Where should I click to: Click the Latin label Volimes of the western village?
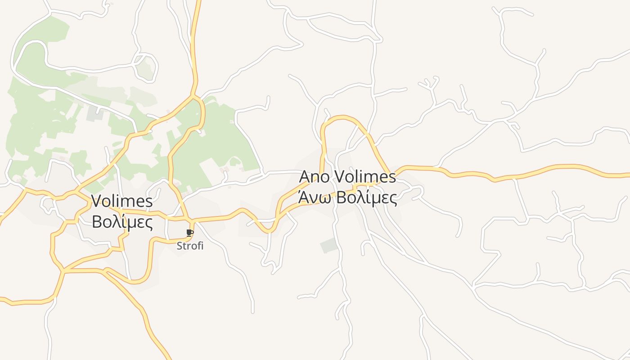tap(122, 201)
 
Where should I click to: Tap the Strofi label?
tap(190, 246)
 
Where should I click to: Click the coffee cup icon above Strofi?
tap(189, 233)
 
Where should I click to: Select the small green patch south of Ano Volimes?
tap(328, 245)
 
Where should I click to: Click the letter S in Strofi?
tap(179, 246)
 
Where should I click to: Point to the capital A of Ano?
tap(305, 176)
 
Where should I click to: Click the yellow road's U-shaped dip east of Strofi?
tap(269, 231)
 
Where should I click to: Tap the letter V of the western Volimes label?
tap(97, 201)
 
